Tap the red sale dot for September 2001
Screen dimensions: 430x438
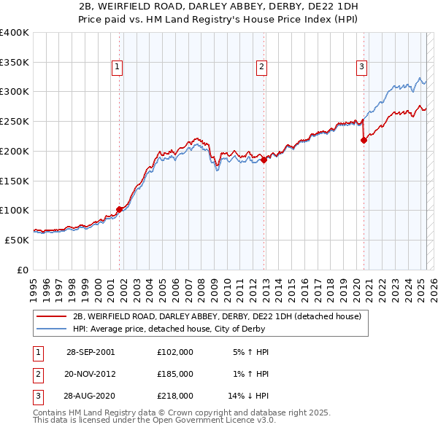click(120, 209)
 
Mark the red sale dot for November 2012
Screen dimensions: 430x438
click(264, 160)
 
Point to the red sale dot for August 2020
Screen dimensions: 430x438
click(364, 141)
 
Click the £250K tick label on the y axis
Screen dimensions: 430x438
click(15, 121)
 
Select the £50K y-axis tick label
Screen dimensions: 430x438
click(17, 239)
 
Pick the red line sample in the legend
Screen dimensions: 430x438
click(51, 316)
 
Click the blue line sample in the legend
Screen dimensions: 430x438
click(51, 329)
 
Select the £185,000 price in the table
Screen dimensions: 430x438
click(175, 374)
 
